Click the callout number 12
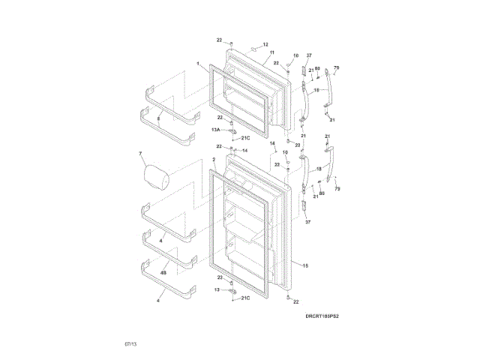tap(265, 45)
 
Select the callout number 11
tap(262, 52)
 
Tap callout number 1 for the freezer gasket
tap(198, 64)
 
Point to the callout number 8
tap(158, 119)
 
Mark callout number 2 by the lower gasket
tap(214, 160)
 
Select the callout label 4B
tap(163, 274)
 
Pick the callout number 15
tap(305, 265)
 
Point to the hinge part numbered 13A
tap(233, 133)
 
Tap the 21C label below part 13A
tap(245, 138)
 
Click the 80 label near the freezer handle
tap(318, 70)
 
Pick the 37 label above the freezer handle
tap(308, 55)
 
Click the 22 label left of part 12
tap(220, 40)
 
